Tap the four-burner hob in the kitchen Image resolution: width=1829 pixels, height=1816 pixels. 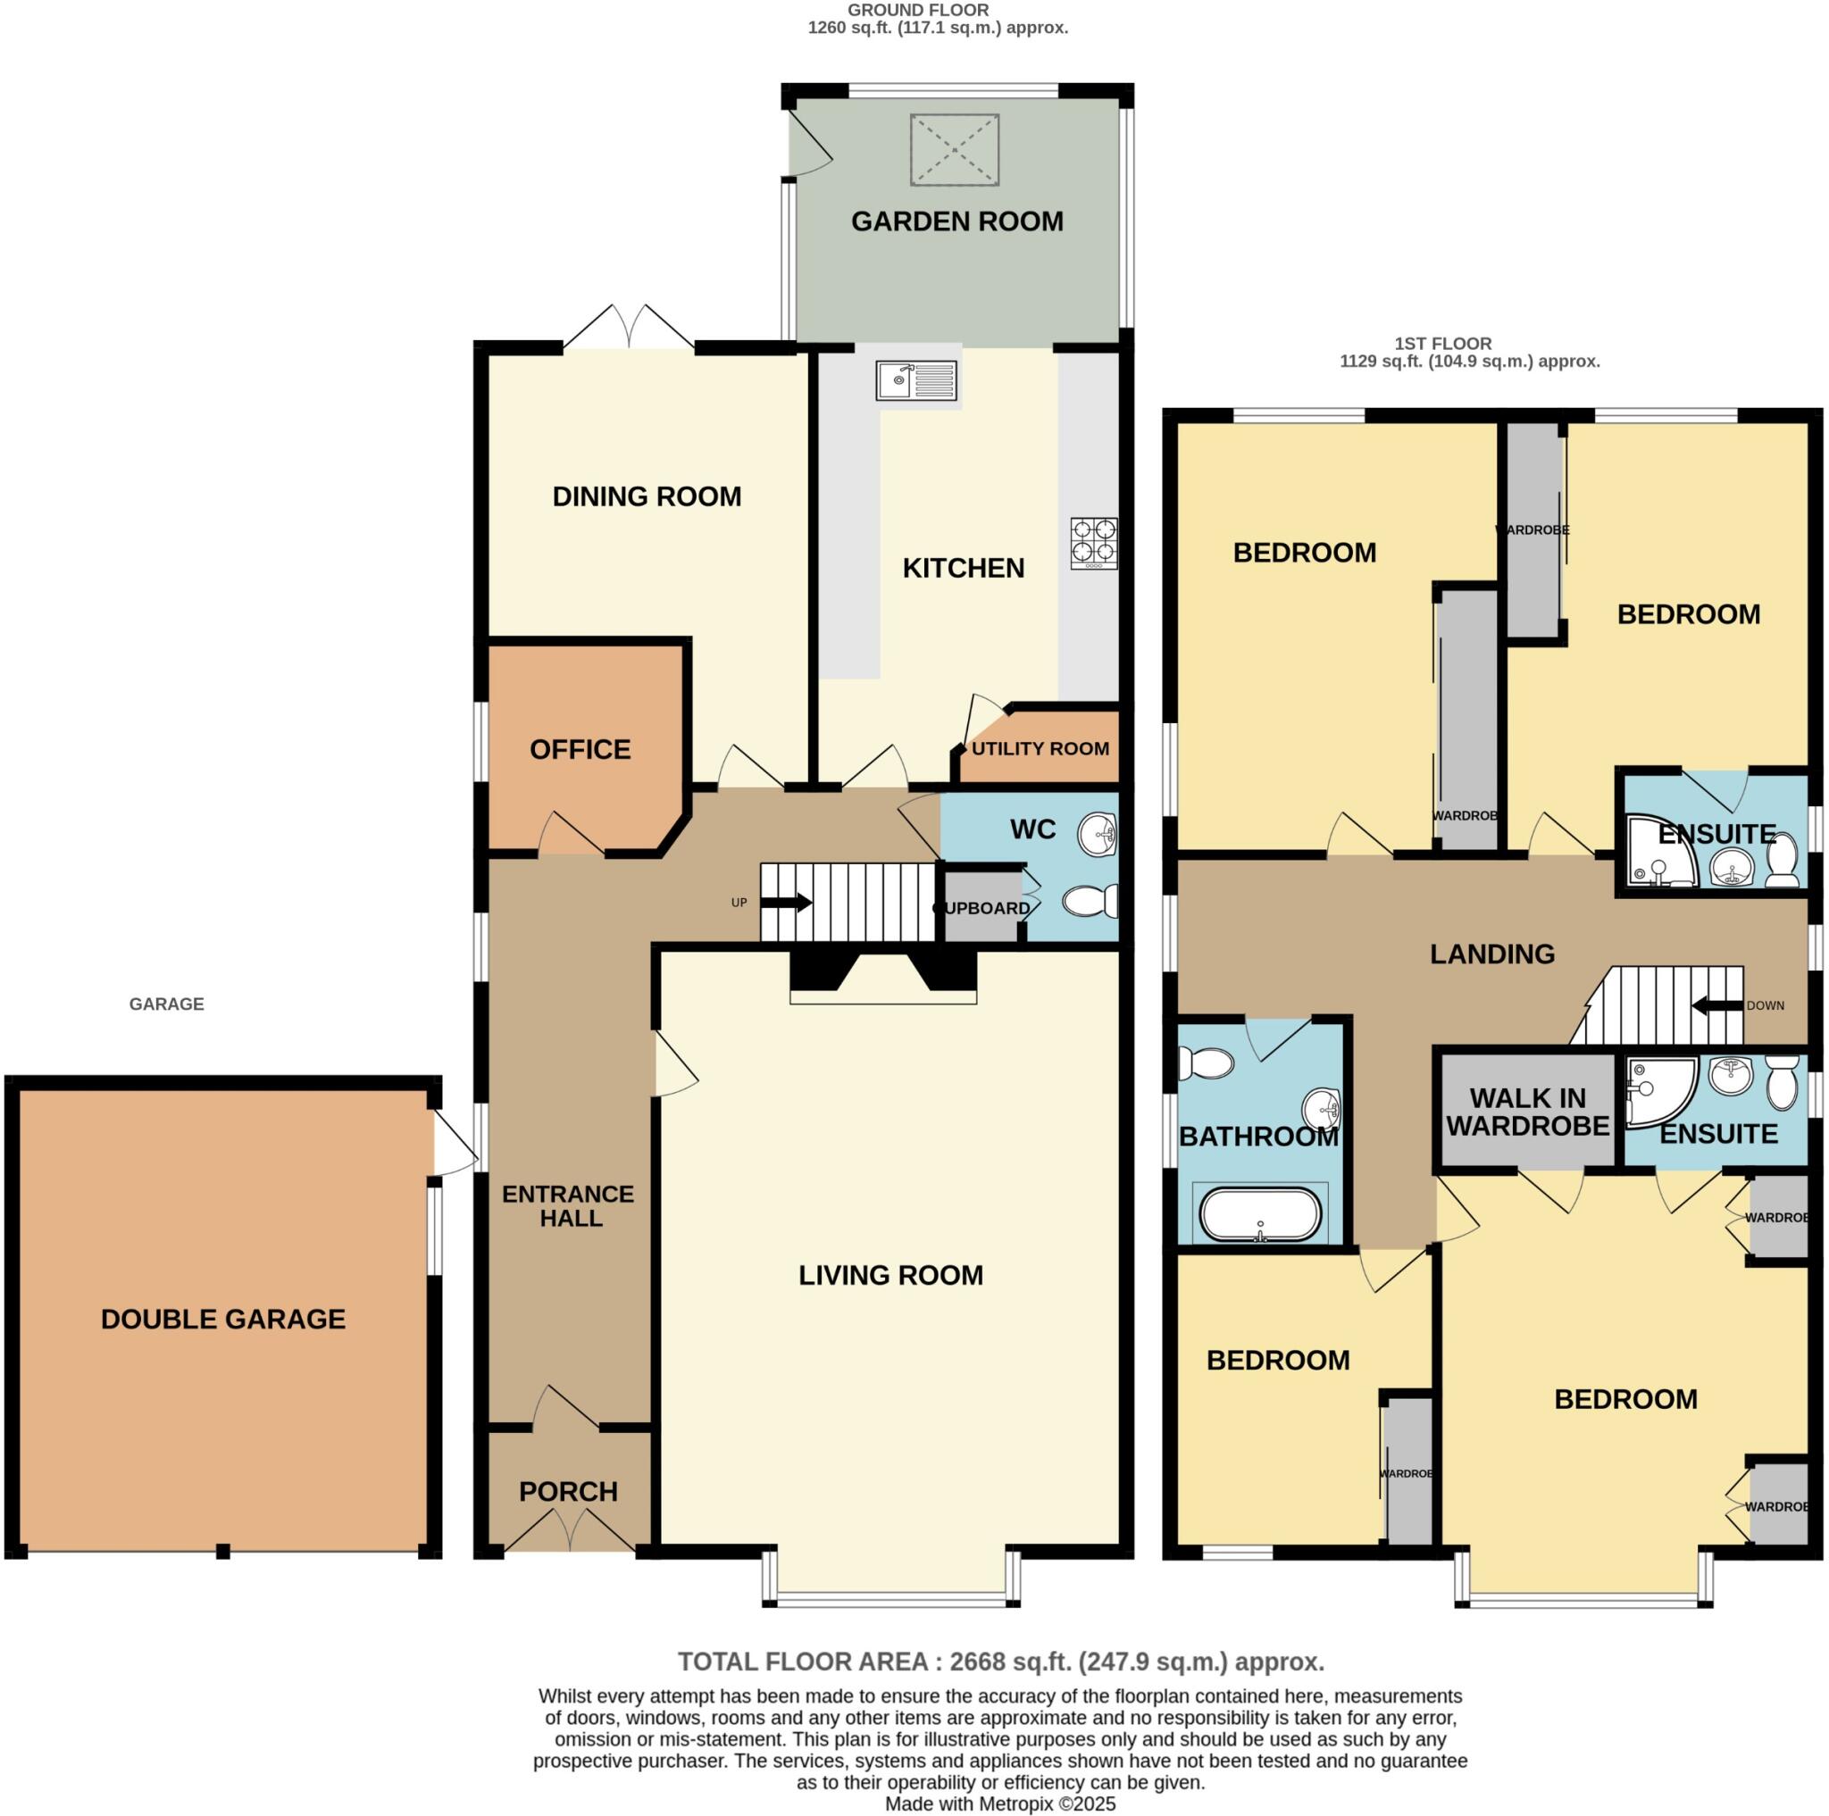(1093, 543)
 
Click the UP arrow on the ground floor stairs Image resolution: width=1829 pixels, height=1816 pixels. (786, 903)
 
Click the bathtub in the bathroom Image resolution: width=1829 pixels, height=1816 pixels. (1260, 1215)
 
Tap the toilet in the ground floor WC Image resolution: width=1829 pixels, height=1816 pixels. (1090, 901)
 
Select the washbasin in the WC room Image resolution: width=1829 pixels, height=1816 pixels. (1098, 834)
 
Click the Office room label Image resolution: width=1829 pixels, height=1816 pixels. (580, 749)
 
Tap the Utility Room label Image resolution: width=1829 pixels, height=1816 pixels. (1040, 748)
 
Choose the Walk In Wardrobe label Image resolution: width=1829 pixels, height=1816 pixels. (1527, 1112)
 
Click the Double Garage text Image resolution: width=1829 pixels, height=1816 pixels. (223, 1320)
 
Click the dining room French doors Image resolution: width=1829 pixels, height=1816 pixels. (629, 329)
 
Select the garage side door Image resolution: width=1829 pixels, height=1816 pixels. (455, 1145)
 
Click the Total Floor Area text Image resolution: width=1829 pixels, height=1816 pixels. (999, 1662)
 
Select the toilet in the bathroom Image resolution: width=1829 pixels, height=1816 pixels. (1207, 1062)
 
